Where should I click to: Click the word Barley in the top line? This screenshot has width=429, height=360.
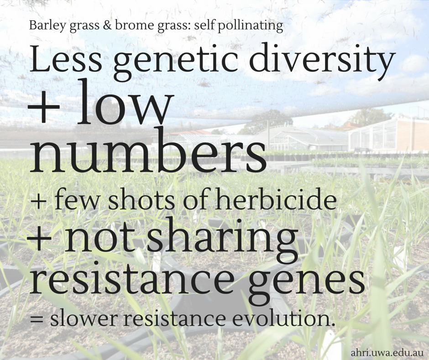(45, 25)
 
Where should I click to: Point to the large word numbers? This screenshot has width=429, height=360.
(148, 152)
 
